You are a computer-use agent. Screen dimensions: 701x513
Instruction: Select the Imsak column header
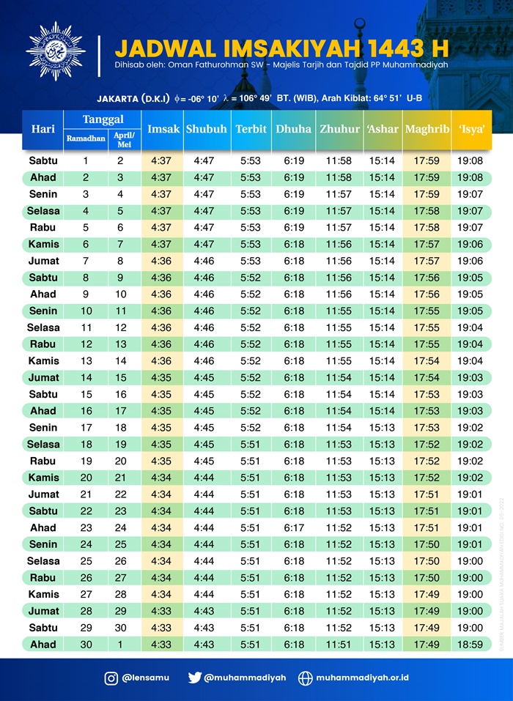pos(163,129)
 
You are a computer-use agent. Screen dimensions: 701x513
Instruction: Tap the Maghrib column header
pos(427,129)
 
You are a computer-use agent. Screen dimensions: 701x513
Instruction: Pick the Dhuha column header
pos(293,129)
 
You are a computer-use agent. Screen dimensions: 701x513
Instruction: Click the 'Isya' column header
pos(471,129)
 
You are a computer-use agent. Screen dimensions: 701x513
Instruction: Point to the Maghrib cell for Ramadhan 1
pos(427,160)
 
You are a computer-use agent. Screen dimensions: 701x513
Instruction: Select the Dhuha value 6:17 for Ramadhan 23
pos(294,527)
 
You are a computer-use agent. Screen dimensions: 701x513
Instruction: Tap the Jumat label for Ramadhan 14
pos(44,377)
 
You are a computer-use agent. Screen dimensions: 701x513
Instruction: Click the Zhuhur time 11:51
pos(339,645)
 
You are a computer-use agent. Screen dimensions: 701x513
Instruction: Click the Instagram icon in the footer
pos(111,678)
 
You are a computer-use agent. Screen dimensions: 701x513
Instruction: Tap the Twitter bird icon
pos(194,678)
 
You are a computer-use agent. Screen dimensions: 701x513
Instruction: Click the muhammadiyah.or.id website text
pos(364,678)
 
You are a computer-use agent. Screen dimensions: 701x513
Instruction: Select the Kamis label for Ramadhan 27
pos(44,594)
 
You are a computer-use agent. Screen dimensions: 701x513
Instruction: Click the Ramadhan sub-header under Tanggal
pos(86,138)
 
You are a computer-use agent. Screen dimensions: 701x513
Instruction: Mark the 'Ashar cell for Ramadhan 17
pos(382,427)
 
